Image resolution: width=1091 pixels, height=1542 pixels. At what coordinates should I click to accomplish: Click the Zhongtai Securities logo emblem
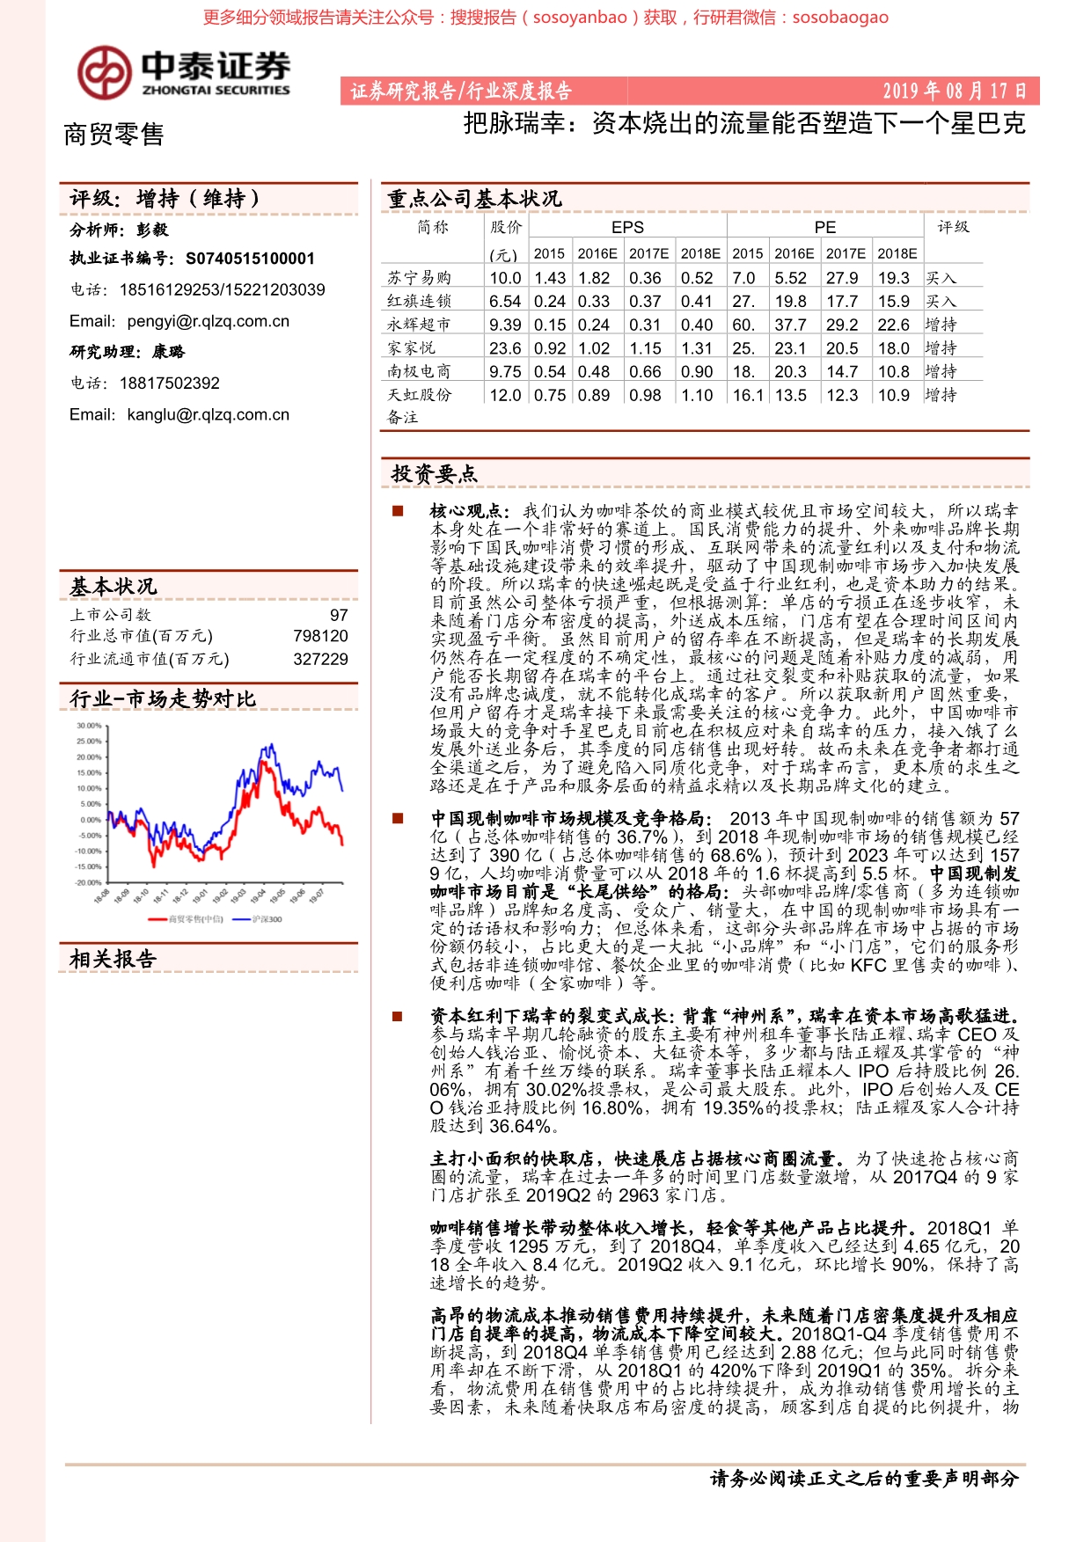tap(104, 72)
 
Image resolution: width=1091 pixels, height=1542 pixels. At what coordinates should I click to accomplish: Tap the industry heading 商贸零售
tap(113, 135)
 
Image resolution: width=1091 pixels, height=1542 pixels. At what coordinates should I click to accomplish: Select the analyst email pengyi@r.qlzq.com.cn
tap(208, 321)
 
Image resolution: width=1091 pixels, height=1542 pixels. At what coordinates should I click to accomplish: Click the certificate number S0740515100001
tap(250, 259)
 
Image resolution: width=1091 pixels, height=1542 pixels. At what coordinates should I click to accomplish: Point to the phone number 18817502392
tap(169, 383)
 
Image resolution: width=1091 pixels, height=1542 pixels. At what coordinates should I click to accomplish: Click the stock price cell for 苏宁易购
tap(505, 278)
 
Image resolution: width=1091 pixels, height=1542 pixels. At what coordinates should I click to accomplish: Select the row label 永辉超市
tap(419, 325)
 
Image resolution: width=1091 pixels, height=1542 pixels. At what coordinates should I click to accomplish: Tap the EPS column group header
tap(627, 227)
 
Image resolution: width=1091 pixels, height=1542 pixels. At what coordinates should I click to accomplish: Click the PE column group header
tap(824, 227)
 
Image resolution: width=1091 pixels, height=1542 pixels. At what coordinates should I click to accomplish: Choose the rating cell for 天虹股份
tap(941, 395)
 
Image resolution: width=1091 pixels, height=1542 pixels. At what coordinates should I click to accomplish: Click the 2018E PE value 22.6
tap(893, 325)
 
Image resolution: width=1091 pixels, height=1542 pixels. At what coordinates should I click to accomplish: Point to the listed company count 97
tap(339, 615)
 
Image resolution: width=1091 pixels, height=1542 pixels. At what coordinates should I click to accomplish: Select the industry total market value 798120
tap(320, 636)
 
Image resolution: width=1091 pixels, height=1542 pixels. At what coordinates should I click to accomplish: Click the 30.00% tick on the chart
tap(89, 726)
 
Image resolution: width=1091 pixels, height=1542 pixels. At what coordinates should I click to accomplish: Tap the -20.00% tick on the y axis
tap(88, 882)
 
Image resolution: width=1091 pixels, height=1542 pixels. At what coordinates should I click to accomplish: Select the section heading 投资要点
tap(434, 474)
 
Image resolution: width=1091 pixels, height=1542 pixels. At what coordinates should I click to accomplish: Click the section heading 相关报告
tap(113, 959)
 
